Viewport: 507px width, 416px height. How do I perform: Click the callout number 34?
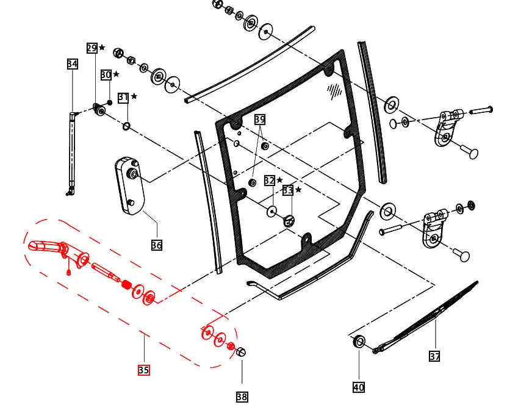(x=72, y=64)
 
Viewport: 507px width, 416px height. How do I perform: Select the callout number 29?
(x=92, y=48)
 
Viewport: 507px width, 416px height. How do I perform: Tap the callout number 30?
(x=106, y=74)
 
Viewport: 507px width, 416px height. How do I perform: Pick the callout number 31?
(x=123, y=97)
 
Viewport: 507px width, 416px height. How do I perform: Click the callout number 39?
(x=260, y=120)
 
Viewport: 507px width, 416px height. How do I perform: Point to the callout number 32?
(x=269, y=181)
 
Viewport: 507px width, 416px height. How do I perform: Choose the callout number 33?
(x=288, y=190)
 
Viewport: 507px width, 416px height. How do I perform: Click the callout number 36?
(x=157, y=245)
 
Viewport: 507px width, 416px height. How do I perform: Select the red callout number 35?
(x=143, y=370)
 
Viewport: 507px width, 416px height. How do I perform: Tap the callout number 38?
(x=242, y=397)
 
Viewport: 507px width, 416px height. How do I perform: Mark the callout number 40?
(x=359, y=387)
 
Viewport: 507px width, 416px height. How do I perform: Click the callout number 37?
(x=434, y=356)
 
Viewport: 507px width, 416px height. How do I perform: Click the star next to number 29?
(x=102, y=48)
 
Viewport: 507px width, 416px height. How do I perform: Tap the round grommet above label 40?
(x=359, y=342)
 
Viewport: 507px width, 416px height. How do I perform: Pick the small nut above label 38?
(x=240, y=352)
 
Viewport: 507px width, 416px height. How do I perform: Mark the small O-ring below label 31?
(x=126, y=126)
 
